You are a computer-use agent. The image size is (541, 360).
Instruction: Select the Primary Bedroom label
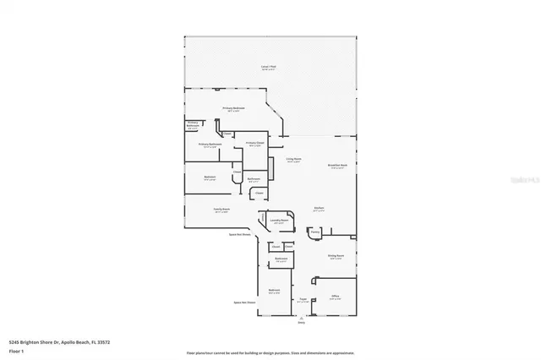[234, 108]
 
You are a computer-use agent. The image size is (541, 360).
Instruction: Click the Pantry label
[314, 232]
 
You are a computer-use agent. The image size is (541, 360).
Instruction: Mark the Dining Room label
[336, 257]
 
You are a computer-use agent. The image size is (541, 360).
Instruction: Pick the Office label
[335, 297]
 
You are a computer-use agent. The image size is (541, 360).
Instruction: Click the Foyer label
[302, 299]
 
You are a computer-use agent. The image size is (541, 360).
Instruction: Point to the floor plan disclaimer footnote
[270, 352]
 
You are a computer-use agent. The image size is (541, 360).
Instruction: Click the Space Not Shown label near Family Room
[239, 235]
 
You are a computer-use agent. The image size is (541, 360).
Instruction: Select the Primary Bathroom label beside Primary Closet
[210, 145]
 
